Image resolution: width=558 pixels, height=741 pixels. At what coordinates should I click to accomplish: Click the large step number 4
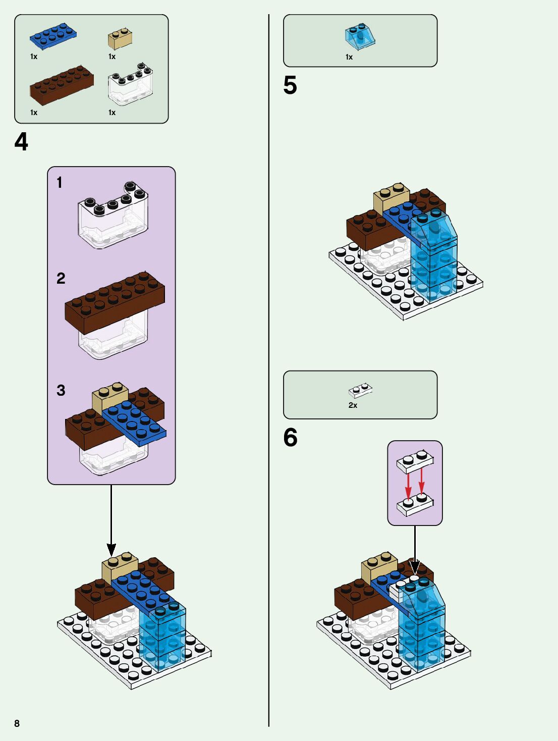click(x=21, y=142)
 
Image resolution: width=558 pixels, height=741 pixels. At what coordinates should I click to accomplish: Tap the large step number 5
click(x=290, y=85)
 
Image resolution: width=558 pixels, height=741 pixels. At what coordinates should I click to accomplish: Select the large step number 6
click(x=290, y=437)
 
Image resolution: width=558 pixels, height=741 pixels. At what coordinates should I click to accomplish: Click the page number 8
click(x=17, y=723)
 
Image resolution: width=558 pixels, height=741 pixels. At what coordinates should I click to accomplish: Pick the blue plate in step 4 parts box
click(x=53, y=35)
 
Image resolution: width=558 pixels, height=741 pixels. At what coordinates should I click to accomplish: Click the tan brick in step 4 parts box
click(x=120, y=39)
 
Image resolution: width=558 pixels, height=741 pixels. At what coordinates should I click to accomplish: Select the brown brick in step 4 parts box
click(x=62, y=85)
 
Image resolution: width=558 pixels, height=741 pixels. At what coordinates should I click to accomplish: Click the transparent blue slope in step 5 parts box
click(x=360, y=36)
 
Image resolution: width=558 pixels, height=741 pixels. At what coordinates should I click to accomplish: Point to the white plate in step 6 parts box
click(x=360, y=390)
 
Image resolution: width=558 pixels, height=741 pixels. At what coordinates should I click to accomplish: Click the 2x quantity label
click(x=353, y=405)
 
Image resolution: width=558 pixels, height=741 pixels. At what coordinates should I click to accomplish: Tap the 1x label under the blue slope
click(x=349, y=57)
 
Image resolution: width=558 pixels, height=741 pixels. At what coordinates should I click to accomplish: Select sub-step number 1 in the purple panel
click(x=60, y=182)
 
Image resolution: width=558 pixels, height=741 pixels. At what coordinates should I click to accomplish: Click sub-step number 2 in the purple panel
click(x=61, y=278)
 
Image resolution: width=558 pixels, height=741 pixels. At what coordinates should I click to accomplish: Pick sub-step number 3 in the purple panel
click(x=61, y=390)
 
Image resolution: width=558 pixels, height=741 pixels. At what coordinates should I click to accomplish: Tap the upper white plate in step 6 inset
click(x=415, y=460)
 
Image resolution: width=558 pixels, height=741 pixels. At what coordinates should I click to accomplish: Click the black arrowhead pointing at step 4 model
click(x=111, y=550)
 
